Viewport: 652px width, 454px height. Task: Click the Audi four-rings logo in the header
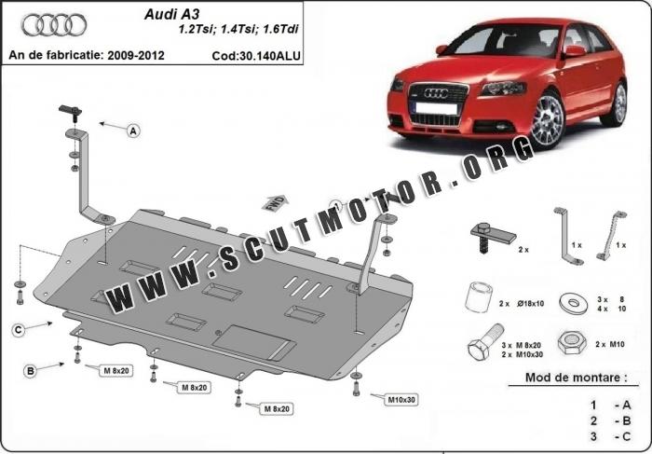54,25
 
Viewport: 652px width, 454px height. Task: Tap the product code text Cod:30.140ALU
256,56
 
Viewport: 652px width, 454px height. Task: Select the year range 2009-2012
136,55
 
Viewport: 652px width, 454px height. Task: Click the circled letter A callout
133,131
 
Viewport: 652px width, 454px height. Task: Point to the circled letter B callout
31,370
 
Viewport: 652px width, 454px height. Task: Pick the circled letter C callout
19,330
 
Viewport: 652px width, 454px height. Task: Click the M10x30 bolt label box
401,400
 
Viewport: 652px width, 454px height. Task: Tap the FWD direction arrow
275,203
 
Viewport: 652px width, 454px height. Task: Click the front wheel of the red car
548,119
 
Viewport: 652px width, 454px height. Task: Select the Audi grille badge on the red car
436,93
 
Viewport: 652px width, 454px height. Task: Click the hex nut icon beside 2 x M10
572,343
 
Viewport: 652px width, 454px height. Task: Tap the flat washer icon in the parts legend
574,303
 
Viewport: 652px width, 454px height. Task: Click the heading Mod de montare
577,378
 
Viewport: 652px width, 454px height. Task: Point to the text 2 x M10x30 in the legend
522,354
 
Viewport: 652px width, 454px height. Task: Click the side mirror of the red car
575,51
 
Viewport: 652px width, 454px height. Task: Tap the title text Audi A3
171,15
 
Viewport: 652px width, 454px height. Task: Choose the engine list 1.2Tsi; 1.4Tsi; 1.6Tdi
238,29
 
